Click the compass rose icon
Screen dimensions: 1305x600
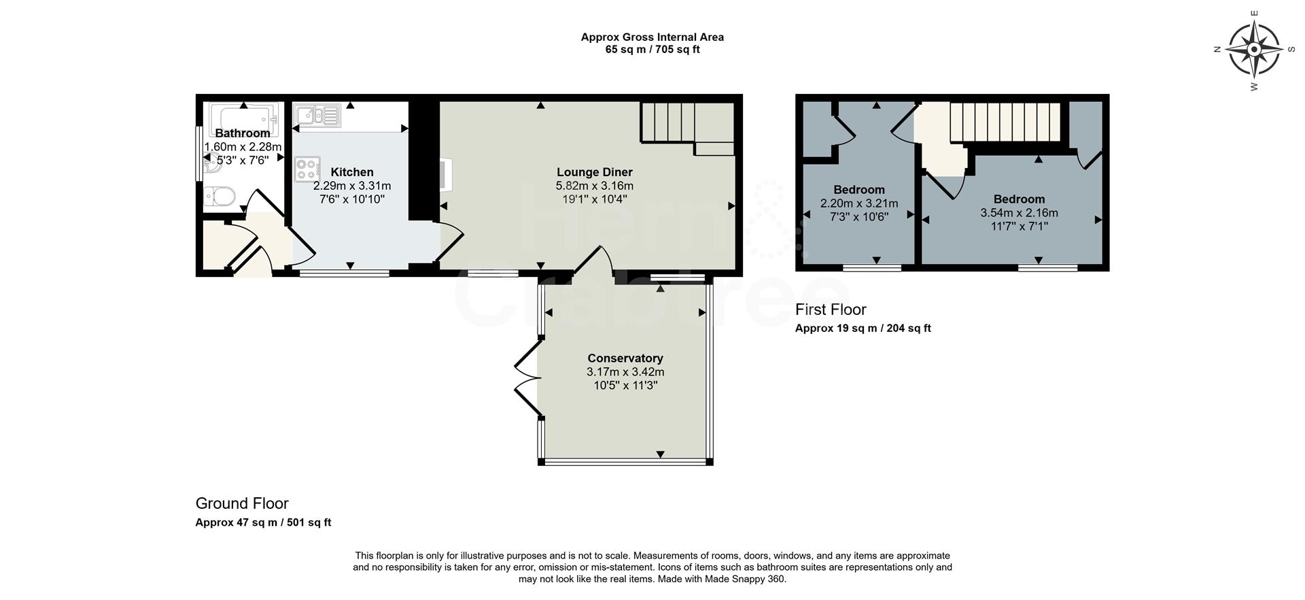coord(1254,50)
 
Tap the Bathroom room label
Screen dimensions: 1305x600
coord(243,133)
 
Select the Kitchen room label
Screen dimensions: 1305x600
coord(352,172)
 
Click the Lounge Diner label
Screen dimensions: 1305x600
coord(595,172)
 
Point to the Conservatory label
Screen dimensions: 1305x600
coord(625,359)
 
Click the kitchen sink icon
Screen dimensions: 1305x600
coord(317,115)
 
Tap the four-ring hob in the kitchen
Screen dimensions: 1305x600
coord(307,169)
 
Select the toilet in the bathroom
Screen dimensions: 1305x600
coord(220,195)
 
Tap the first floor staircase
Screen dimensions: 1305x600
coord(1005,122)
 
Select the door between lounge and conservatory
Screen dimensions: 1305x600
coord(593,262)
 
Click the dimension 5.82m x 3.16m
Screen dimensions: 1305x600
coord(595,186)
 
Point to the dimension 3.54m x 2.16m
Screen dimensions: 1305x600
coord(1019,213)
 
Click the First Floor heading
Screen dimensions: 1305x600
coord(831,310)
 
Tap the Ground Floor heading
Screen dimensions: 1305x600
coord(242,503)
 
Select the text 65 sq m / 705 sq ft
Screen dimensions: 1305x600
coord(652,50)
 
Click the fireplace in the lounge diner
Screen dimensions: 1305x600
coord(445,174)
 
